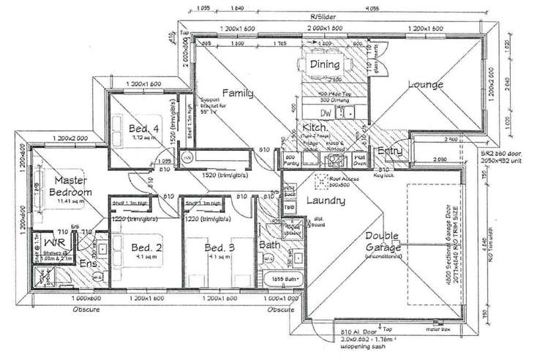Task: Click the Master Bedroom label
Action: (67, 186)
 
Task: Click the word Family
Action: (239, 93)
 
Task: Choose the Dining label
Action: (324, 64)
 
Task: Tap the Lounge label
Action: (426, 85)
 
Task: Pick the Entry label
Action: (390, 151)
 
